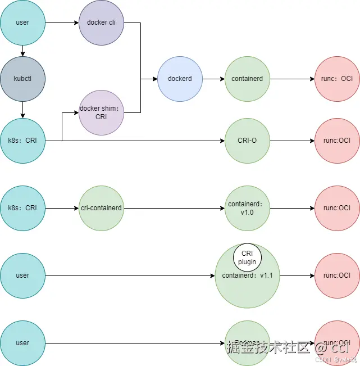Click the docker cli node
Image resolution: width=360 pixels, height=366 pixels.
pyautogui.click(x=101, y=23)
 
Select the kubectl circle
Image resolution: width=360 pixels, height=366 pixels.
pyautogui.click(x=22, y=79)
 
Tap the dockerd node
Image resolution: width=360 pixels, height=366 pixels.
pyautogui.click(x=180, y=79)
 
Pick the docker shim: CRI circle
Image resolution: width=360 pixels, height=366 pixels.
pyautogui.click(x=101, y=112)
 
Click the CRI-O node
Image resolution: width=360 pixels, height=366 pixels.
pyautogui.click(x=247, y=141)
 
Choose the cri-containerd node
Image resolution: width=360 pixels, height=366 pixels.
pyautogui.click(x=101, y=208)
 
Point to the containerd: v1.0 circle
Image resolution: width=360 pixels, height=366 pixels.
pyautogui.click(x=247, y=208)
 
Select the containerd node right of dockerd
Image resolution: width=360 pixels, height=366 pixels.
pyautogui.click(x=247, y=79)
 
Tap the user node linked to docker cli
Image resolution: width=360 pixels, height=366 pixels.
pyautogui.click(x=22, y=23)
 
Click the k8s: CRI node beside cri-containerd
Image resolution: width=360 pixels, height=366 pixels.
pyautogui.click(x=22, y=208)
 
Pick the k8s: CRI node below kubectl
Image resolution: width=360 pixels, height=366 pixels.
pyautogui.click(x=22, y=141)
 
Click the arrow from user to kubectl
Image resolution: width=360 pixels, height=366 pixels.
pyautogui.click(x=22, y=51)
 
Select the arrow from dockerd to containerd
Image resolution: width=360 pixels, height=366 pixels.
pyautogui.click(x=213, y=79)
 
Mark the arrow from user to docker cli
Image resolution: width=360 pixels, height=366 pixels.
pyautogui.click(x=62, y=23)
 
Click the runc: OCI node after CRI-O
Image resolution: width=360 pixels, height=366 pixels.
pyautogui.click(x=337, y=141)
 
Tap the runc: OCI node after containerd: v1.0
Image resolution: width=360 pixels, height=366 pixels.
pyautogui.click(x=337, y=208)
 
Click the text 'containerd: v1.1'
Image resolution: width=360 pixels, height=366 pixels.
pyautogui.click(x=247, y=276)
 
